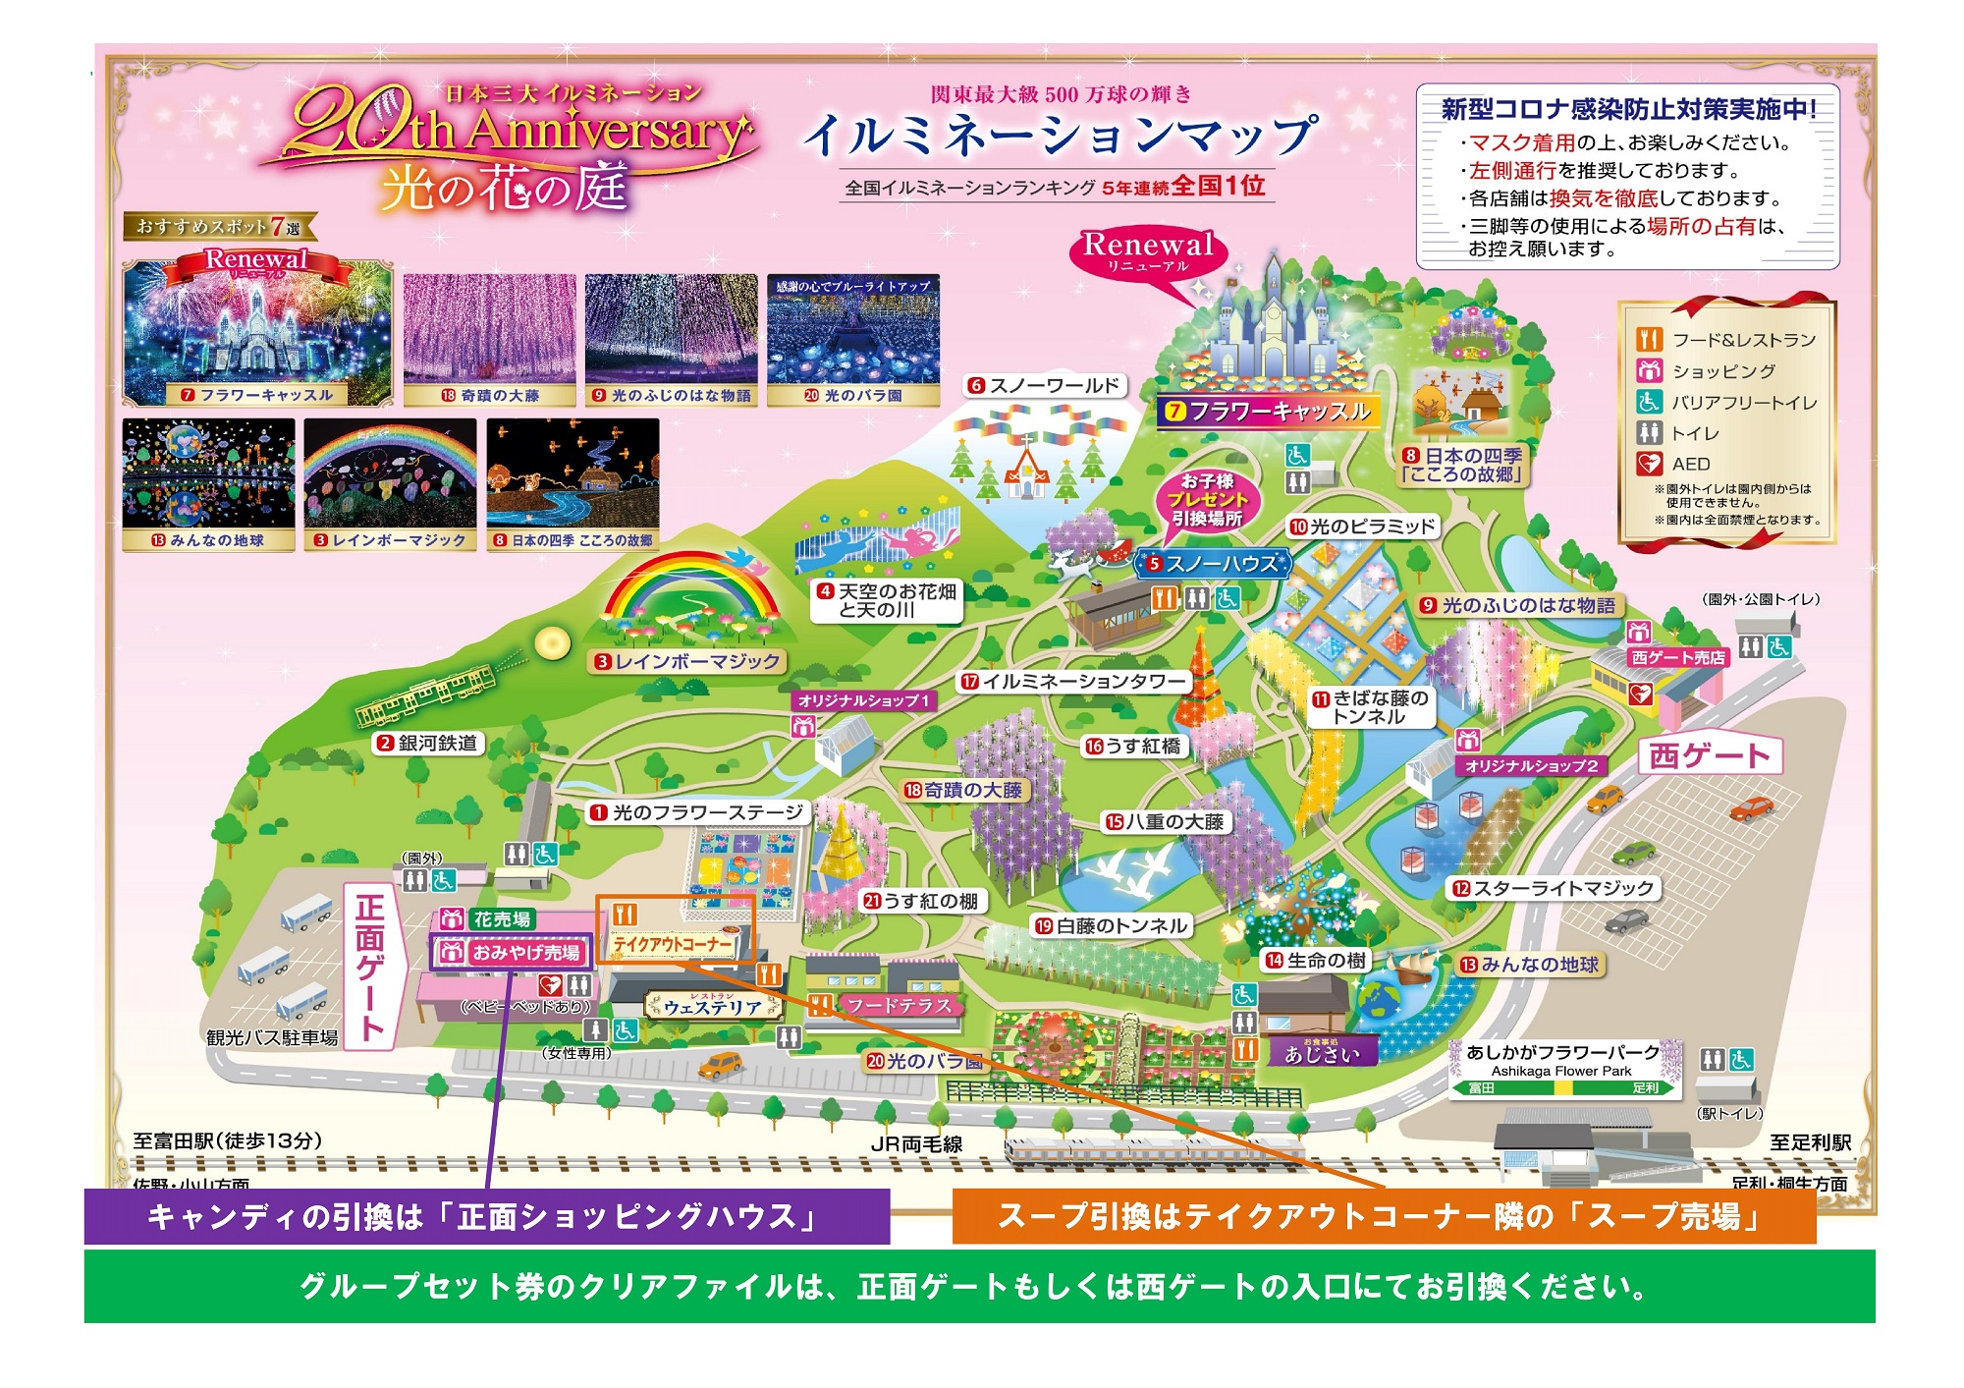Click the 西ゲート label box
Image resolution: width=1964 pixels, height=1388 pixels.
[1709, 755]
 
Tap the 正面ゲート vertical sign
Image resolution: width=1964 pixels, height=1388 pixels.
[370, 966]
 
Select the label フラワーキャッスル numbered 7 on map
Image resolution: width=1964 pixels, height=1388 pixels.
[1269, 412]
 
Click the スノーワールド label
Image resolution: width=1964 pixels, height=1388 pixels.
[1045, 386]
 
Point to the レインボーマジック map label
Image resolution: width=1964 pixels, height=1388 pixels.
[686, 662]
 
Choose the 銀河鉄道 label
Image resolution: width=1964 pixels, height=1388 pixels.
[428, 744]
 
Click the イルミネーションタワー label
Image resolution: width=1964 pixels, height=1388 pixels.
[1073, 681]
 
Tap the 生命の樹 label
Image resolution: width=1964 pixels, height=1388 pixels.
[1315, 960]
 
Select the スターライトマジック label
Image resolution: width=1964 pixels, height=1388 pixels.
[1554, 888]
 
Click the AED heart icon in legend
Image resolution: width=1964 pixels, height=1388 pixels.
[1649, 464]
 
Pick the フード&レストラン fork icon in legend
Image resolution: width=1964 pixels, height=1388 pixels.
[1649, 340]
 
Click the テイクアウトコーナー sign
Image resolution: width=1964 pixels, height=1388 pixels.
[674, 944]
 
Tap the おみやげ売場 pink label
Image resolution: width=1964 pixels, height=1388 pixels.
[513, 952]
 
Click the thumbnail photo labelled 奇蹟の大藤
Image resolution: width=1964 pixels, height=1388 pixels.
[489, 339]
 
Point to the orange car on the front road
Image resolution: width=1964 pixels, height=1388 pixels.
[721, 1064]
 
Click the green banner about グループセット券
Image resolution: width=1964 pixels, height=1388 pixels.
[979, 1286]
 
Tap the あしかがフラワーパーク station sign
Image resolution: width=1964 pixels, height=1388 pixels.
[1563, 1069]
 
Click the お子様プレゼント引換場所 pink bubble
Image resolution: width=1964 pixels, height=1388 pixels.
[1207, 500]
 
